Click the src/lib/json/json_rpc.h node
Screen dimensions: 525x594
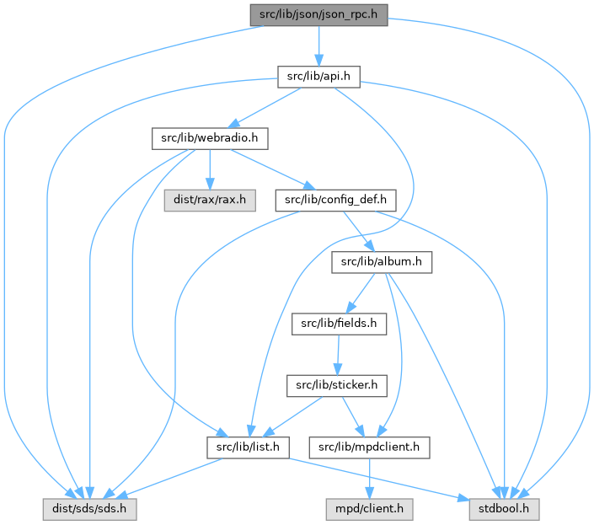[x=318, y=15]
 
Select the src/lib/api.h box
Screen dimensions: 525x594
[x=318, y=78]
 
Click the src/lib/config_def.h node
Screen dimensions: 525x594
[x=335, y=201]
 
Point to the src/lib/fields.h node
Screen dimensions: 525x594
[x=335, y=324]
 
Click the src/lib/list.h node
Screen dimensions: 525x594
[x=249, y=447]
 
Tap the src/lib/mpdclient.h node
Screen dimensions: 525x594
[x=372, y=447]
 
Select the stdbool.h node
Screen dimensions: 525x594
[x=502, y=509]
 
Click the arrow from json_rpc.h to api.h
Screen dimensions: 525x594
[x=318, y=46]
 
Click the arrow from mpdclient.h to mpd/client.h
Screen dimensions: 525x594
[x=372, y=478]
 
